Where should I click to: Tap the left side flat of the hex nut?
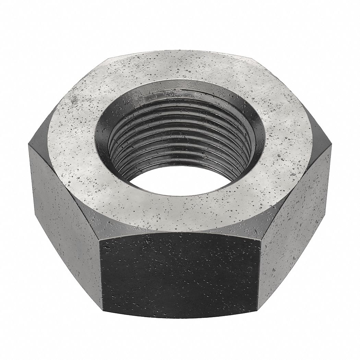coord(65,213)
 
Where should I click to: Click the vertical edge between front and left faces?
coord(100,274)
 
